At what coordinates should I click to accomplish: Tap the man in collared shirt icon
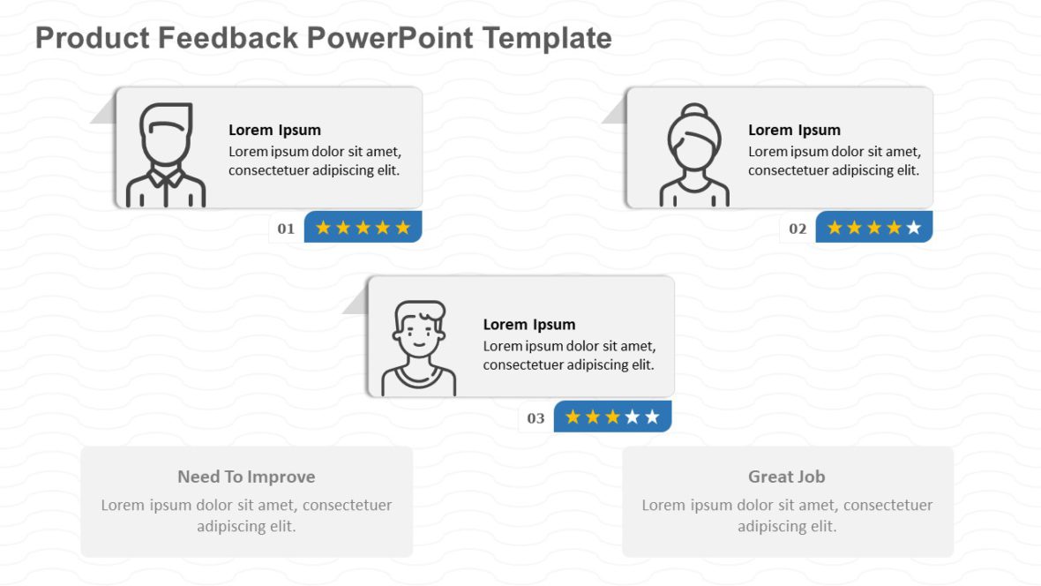click(x=166, y=155)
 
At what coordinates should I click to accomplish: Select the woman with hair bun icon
click(x=694, y=155)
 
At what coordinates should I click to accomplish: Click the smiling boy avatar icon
click(x=419, y=348)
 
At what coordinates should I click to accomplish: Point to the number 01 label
click(x=286, y=229)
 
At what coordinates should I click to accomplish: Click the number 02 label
click(x=798, y=229)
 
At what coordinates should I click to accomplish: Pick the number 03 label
click(x=535, y=418)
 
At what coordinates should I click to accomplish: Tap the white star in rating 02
click(x=914, y=229)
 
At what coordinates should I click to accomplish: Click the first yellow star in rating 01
click(x=323, y=229)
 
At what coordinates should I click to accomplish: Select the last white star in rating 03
click(x=652, y=417)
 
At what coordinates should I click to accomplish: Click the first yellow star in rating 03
click(x=573, y=417)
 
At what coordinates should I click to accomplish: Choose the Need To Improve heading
click(x=246, y=477)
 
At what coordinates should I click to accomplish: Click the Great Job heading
click(x=786, y=477)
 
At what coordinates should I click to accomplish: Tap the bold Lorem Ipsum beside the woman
click(x=794, y=130)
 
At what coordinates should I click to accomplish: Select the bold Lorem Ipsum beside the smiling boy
click(x=528, y=324)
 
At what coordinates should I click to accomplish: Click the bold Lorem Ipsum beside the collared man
click(x=274, y=130)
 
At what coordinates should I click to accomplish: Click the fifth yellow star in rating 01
click(x=403, y=229)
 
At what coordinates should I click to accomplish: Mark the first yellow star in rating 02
click(x=834, y=229)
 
